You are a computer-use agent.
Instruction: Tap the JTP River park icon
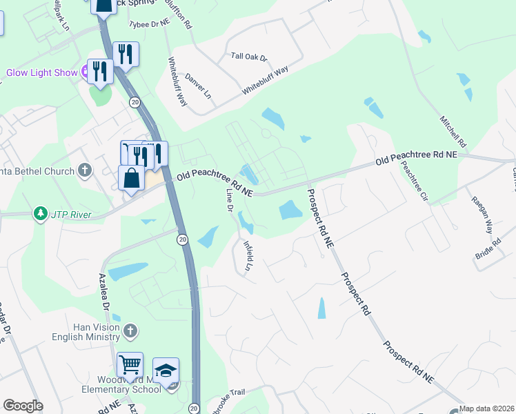click(41, 213)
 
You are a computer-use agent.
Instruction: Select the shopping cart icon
click(129, 364)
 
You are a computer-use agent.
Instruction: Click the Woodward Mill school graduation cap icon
click(166, 370)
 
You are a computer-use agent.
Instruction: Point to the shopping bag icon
click(131, 178)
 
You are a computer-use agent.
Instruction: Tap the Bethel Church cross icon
click(85, 169)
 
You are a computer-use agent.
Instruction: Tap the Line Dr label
click(228, 199)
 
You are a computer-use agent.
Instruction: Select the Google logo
click(22, 406)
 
